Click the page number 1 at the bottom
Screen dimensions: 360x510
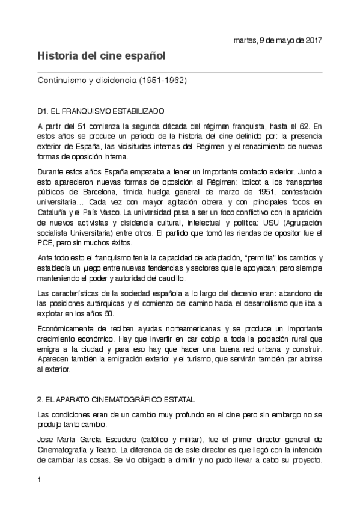pos(39,479)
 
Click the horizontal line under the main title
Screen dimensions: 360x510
pos(180,73)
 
